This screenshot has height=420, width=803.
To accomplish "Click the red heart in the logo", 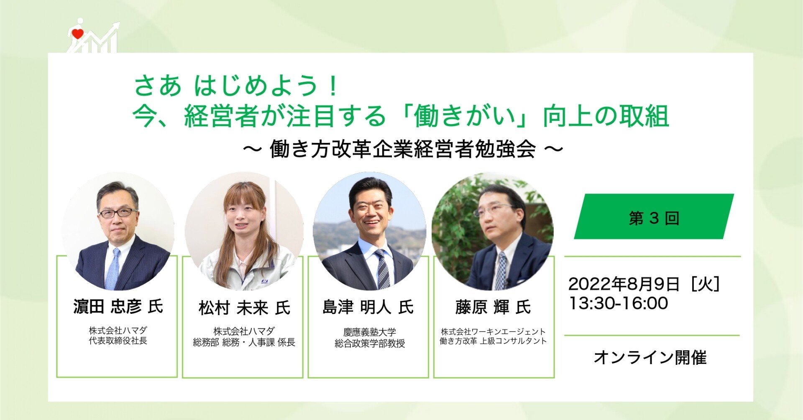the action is coord(78,34).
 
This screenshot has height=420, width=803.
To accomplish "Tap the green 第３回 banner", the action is coord(654,216).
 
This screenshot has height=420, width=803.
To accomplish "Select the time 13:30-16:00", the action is coord(619,303).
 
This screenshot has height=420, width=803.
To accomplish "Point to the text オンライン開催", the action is coord(650,358).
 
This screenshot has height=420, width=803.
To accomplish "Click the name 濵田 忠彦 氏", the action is coord(118,307).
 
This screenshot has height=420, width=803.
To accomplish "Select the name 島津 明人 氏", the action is coord(368,308).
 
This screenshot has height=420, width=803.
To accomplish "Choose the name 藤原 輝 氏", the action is coord(493,308).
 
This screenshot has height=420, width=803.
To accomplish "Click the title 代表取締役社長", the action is coord(118,341).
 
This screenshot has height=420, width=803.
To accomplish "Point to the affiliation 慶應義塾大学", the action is coord(370,332).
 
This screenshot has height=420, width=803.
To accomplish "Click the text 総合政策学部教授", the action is coord(370,344).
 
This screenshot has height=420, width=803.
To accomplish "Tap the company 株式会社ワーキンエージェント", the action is coord(493,332).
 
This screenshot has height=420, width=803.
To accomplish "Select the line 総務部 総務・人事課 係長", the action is coord(244,343).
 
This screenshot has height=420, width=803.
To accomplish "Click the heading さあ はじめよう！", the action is coord(237,85).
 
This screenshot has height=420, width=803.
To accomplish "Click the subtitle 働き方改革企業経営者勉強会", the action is coord(403,149).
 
